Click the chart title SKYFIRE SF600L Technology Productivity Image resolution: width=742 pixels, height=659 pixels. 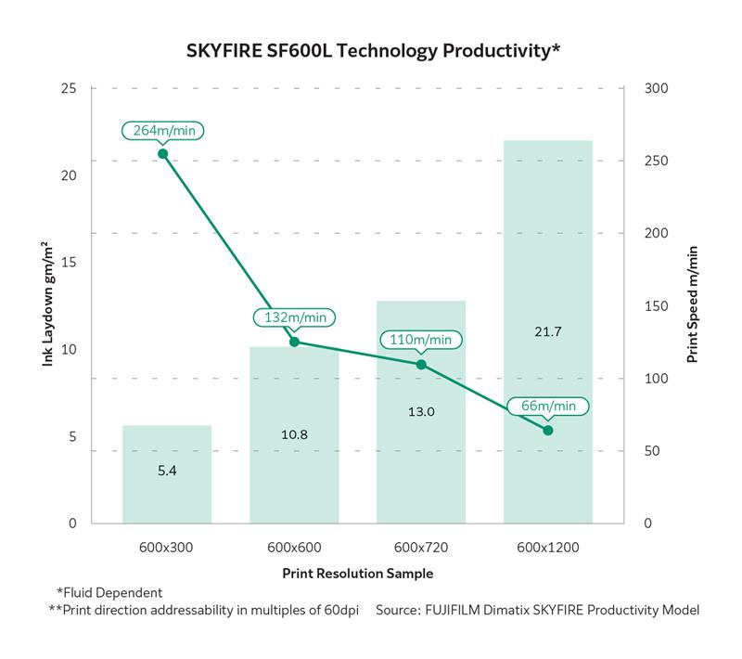tap(370, 50)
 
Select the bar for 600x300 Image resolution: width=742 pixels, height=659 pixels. tap(167, 473)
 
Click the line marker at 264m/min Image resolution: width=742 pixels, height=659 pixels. tap(162, 154)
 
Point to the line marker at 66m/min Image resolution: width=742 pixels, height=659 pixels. tap(548, 431)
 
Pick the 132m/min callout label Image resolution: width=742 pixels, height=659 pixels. tap(294, 317)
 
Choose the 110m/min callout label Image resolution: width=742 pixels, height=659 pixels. tap(421, 340)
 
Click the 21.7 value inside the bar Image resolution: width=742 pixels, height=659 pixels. tap(547, 330)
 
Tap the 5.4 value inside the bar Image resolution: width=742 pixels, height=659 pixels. tap(167, 471)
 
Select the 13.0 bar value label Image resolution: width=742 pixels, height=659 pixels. tap(421, 411)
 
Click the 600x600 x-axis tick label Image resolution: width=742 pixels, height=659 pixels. tap(294, 548)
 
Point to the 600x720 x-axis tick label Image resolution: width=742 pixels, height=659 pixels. tap(421, 548)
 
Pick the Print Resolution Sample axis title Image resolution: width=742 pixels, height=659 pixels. tap(357, 573)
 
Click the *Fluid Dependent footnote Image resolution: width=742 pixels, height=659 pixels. tap(109, 592)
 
